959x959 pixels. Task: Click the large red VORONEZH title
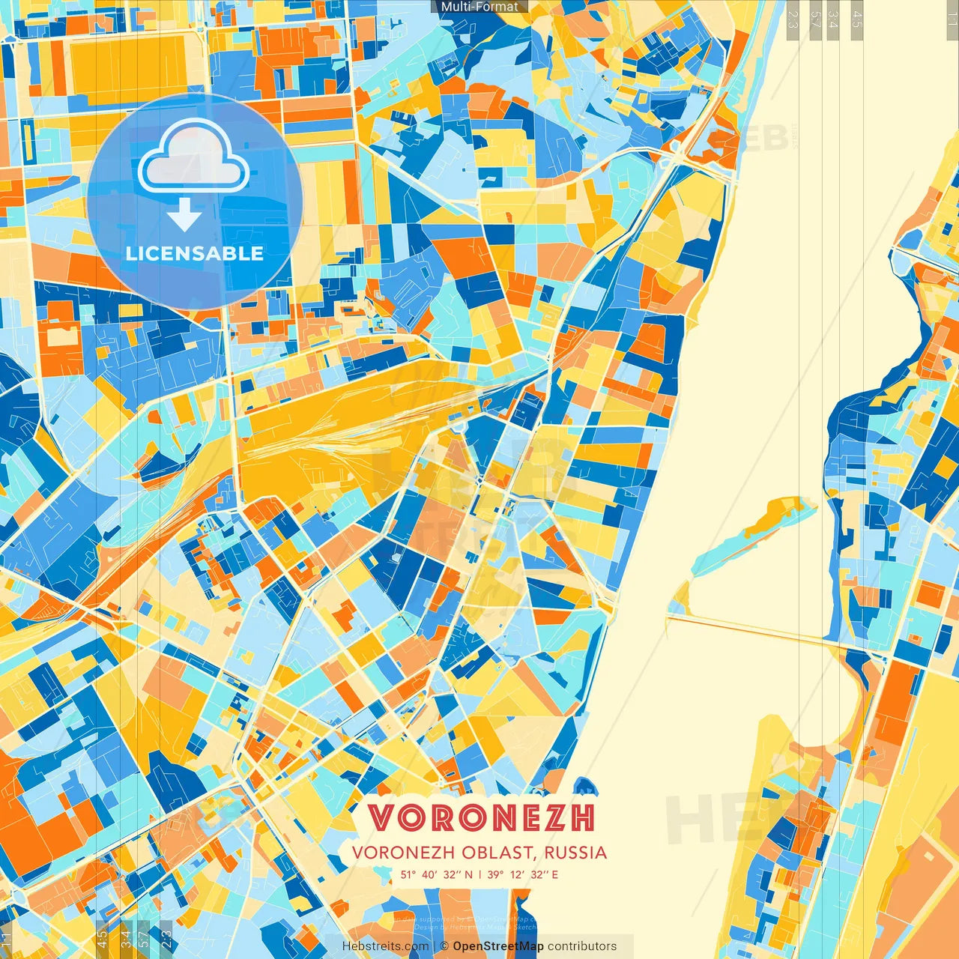(x=482, y=818)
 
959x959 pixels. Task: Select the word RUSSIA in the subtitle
(x=575, y=853)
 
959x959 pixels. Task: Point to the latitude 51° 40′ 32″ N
(x=436, y=874)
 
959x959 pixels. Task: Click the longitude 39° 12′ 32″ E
(x=522, y=874)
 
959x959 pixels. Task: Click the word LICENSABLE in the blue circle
(x=195, y=253)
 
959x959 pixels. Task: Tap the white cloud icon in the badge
(x=194, y=156)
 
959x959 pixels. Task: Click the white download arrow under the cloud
(x=184, y=217)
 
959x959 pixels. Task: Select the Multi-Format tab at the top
(x=479, y=7)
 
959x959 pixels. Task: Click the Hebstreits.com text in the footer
(x=385, y=946)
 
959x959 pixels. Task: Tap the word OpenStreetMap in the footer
(x=498, y=946)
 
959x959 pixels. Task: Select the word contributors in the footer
(x=582, y=946)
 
